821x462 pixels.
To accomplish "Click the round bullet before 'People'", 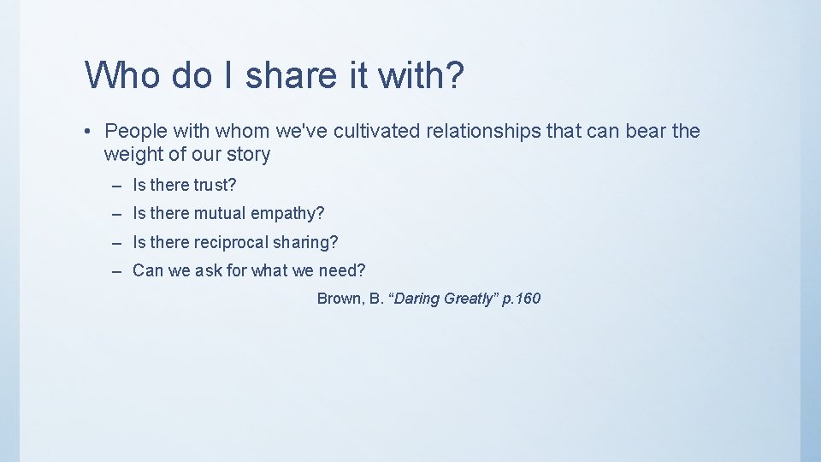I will point(88,132).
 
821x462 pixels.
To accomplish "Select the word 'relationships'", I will point(487,131).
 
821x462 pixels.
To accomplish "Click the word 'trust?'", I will point(215,185).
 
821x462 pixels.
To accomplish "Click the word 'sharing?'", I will point(305,243).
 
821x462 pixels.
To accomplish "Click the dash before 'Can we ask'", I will point(117,271).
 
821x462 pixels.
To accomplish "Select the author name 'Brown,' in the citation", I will point(340,299).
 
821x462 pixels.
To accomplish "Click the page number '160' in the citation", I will point(529,299).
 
